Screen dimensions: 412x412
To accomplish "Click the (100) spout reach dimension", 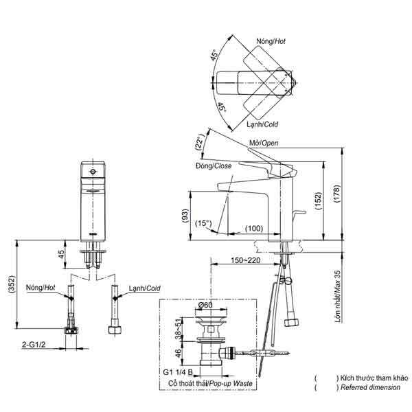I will [253, 228].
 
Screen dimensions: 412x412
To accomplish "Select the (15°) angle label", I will [203, 223].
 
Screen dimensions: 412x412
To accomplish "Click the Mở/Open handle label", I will [264, 143].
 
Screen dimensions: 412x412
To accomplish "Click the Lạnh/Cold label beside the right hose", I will [144, 288].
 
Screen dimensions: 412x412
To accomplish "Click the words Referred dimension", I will [369, 388].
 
